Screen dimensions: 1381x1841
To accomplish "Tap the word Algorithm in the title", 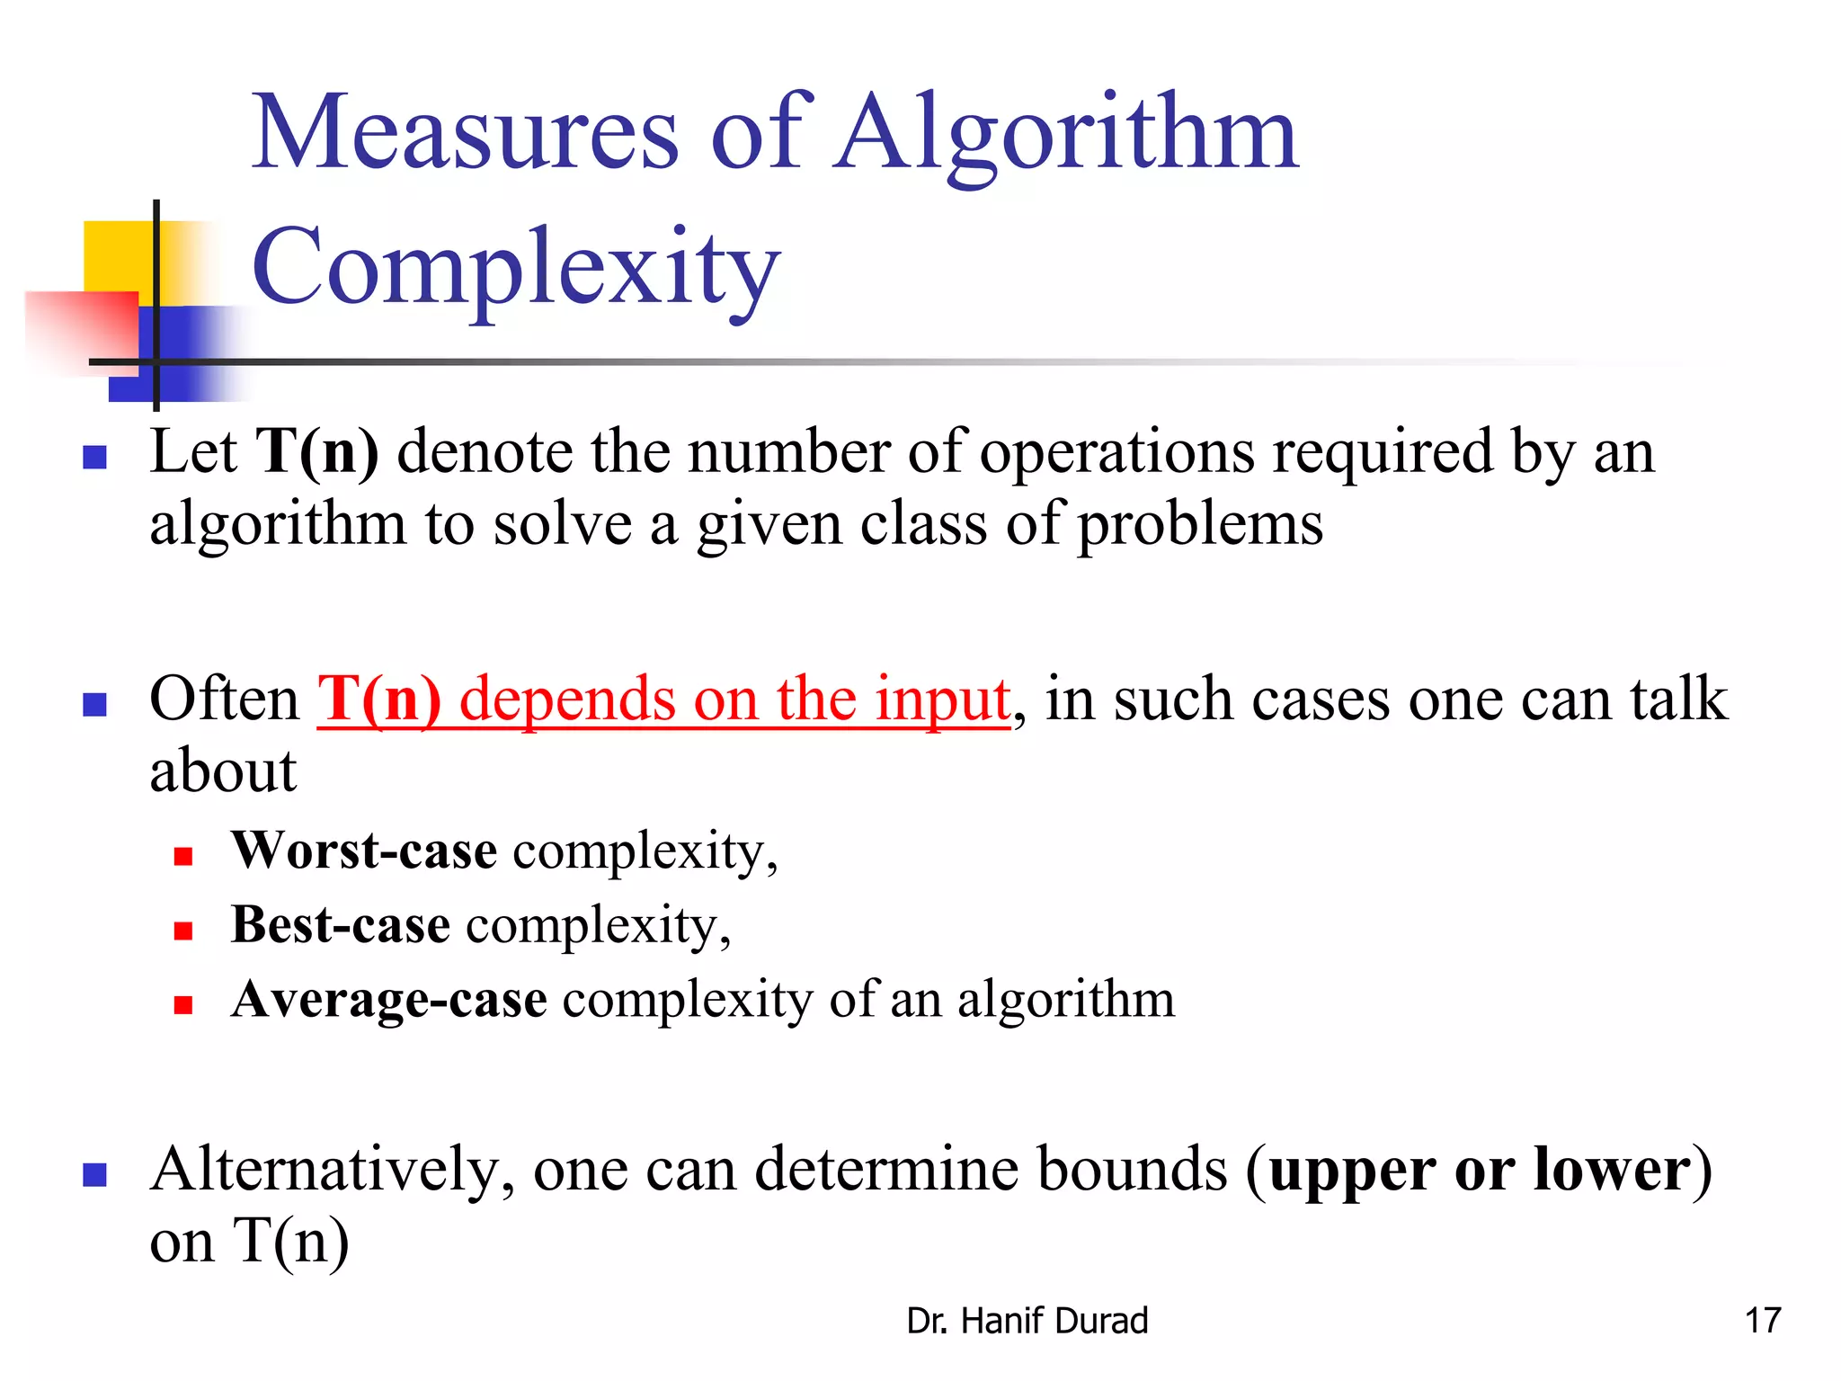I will (x=1066, y=135).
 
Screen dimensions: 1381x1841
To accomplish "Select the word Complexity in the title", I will (x=515, y=268).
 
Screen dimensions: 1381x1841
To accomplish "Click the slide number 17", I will (x=1762, y=1321).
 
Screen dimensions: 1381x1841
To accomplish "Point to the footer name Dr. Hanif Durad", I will (x=1027, y=1321).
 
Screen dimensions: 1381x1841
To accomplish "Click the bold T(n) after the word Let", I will (x=316, y=451).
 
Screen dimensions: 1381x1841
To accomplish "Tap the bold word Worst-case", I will (x=364, y=851).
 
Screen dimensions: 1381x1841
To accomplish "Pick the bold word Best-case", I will (x=340, y=925).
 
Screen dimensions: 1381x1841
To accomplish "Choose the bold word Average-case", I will (x=388, y=1000).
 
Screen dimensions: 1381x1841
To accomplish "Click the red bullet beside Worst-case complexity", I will (x=183, y=856).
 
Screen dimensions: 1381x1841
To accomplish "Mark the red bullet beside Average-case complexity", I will (x=183, y=1005).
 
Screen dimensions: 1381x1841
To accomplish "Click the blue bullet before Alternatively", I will (x=94, y=1175).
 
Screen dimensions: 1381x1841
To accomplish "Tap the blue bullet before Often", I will (x=94, y=705).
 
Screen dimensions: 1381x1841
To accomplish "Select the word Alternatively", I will (x=331, y=1171).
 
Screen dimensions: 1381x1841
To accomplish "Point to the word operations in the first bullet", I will (x=1116, y=451).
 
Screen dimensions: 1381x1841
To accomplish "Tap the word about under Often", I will (x=223, y=771).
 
